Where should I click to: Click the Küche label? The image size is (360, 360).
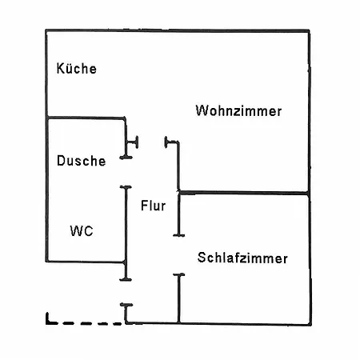pyautogui.click(x=77, y=68)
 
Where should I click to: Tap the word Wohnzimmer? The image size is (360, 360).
pyautogui.click(x=238, y=110)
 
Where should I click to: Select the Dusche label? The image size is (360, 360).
pyautogui.click(x=82, y=161)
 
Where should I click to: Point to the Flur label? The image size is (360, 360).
pyautogui.click(x=153, y=206)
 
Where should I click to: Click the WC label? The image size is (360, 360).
pyautogui.click(x=82, y=230)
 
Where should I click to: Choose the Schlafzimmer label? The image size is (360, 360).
pyautogui.click(x=242, y=258)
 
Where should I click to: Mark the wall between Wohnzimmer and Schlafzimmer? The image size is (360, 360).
pyautogui.click(x=244, y=193)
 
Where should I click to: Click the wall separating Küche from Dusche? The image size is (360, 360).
pyautogui.click(x=86, y=118)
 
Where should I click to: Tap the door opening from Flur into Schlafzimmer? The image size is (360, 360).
pyautogui.click(x=179, y=254)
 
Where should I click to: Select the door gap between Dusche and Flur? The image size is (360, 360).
pyautogui.click(x=126, y=172)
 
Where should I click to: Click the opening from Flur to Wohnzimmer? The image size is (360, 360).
pyautogui.click(x=151, y=142)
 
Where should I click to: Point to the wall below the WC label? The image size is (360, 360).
pyautogui.click(x=86, y=262)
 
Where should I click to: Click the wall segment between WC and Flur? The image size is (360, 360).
pyautogui.click(x=126, y=233)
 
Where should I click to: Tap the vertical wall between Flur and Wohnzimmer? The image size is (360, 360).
pyautogui.click(x=178, y=166)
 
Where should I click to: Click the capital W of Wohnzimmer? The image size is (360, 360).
pyautogui.click(x=202, y=110)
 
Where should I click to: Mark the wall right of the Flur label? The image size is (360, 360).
pyautogui.click(x=178, y=214)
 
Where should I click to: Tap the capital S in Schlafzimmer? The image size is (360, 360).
pyautogui.click(x=202, y=258)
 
